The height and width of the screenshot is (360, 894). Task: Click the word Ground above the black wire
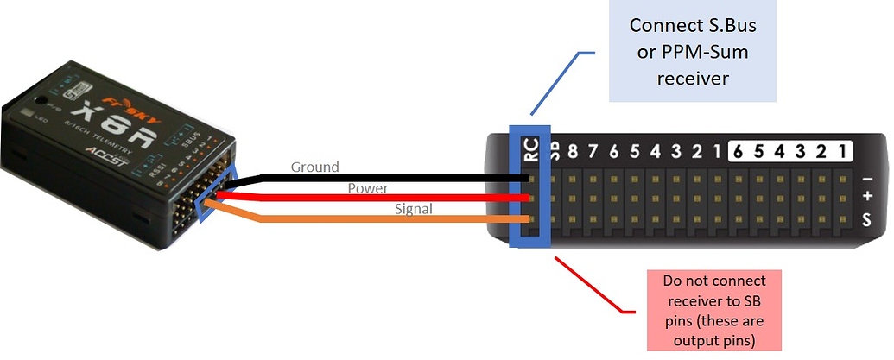pyautogui.click(x=314, y=167)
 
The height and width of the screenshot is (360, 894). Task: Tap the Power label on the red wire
pyautogui.click(x=367, y=188)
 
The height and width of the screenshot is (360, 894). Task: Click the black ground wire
pyautogui.click(x=389, y=178)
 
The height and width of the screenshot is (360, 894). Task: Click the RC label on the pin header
pyautogui.click(x=531, y=152)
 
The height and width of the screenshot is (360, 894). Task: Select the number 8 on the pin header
pyautogui.click(x=571, y=153)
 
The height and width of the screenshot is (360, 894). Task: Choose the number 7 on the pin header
pyautogui.click(x=592, y=153)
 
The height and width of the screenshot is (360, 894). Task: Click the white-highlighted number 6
pyautogui.click(x=739, y=152)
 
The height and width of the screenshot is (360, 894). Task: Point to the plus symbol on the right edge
pyautogui.click(x=867, y=198)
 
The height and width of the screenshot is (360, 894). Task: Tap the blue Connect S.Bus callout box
pyautogui.click(x=688, y=51)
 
